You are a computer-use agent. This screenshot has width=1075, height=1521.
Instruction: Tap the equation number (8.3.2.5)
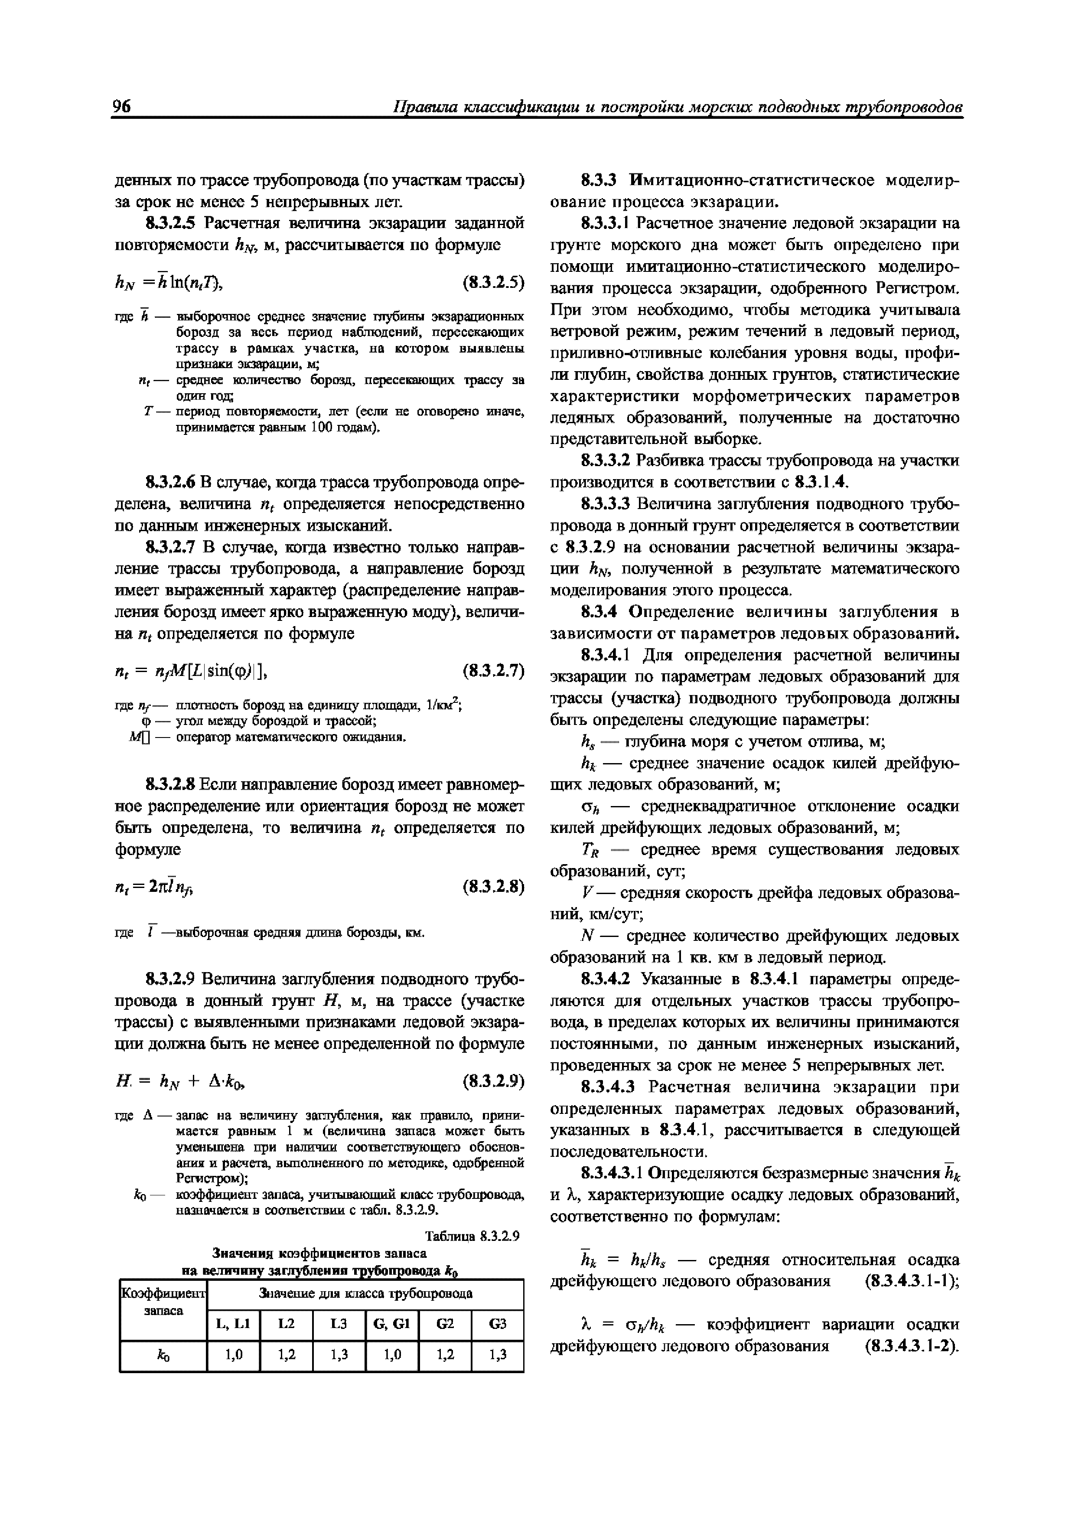493,282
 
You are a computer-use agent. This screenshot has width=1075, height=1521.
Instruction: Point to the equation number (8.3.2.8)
493,886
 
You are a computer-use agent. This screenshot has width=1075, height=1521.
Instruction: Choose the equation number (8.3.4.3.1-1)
912,1280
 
